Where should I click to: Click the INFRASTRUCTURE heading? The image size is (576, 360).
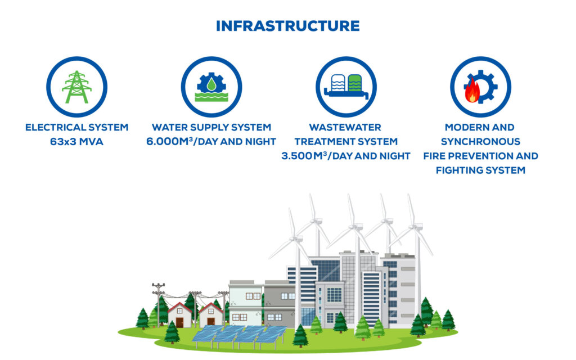[287, 26]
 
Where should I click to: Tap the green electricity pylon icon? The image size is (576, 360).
[76, 87]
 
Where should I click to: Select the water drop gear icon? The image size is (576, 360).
[211, 83]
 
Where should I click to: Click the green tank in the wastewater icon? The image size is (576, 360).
[354, 83]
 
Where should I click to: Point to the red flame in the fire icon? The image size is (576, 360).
[472, 91]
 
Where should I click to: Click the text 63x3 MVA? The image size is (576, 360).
[76, 142]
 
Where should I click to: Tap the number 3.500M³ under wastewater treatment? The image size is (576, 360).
[304, 156]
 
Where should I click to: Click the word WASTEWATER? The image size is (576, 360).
[345, 128]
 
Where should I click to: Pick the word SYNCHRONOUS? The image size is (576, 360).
[480, 142]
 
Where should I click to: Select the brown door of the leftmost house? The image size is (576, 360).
[179, 322]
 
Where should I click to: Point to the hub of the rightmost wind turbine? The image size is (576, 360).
[416, 227]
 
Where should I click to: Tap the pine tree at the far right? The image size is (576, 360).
[448, 320]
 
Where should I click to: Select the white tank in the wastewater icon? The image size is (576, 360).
[338, 83]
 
